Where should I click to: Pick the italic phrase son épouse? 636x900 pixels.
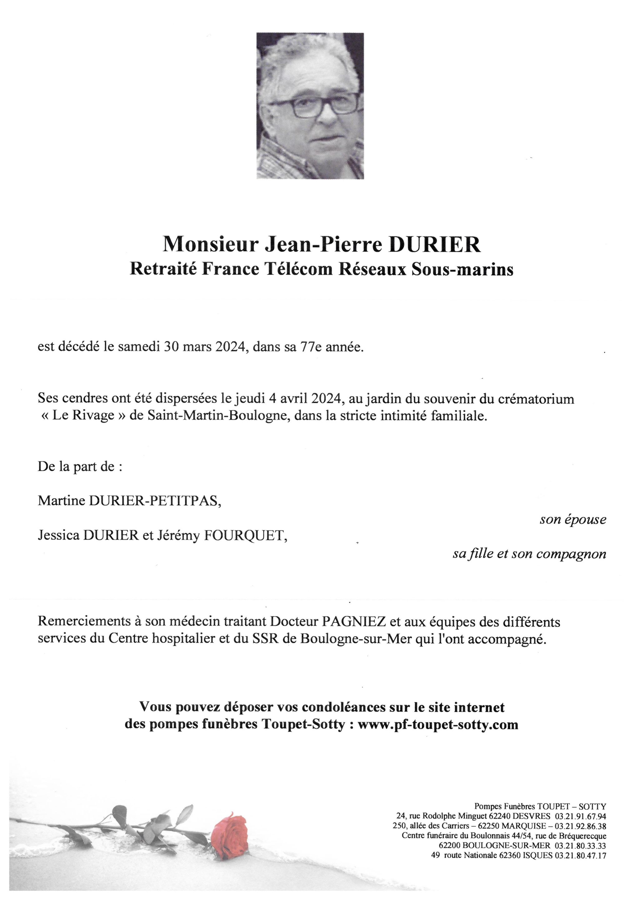click(x=573, y=520)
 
